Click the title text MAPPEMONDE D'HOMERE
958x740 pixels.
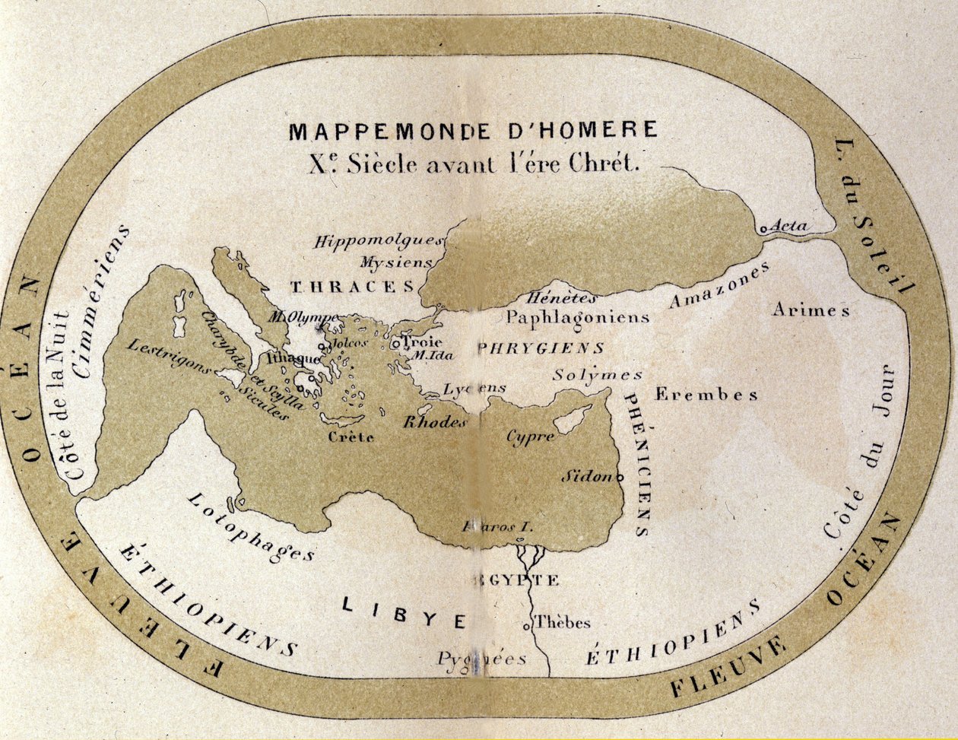[x=473, y=131]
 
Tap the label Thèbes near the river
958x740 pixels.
[x=563, y=623]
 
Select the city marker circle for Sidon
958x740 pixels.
[x=620, y=478]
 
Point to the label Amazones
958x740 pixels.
[x=718, y=286]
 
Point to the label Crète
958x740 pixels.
[x=351, y=437]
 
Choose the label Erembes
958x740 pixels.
[x=706, y=395]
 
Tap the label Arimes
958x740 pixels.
[x=810, y=310]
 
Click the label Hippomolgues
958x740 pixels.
[x=378, y=242]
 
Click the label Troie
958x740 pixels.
[x=420, y=342]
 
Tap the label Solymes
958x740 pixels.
[x=598, y=375]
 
